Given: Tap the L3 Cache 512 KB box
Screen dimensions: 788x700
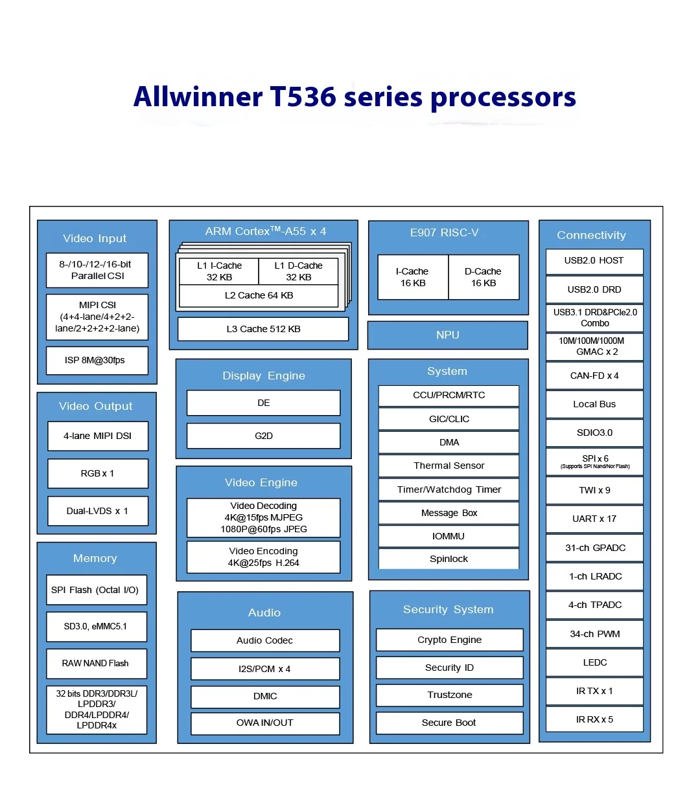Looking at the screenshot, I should point(263,329).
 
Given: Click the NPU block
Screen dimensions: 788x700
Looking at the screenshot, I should point(448,335).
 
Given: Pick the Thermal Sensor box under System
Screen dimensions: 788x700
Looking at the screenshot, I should point(449,466).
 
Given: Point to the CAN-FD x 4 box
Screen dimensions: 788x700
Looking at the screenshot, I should point(594,376).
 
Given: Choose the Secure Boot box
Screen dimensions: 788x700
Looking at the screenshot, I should point(449,723).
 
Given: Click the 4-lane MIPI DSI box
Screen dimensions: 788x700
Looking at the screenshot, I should point(98,436).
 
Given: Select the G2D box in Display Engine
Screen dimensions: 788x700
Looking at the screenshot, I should point(263,436).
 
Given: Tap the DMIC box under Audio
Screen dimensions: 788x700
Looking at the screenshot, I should point(265,696).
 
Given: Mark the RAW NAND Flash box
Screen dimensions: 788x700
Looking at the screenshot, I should point(96,663).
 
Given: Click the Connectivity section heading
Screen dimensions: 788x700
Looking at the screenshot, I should point(591,235).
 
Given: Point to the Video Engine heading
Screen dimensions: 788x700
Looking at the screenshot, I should point(261,482).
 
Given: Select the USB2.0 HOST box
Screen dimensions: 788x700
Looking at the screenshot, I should point(594,261).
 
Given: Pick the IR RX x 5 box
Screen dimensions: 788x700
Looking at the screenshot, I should point(594,719).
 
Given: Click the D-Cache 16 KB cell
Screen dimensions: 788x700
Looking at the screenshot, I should point(484,277).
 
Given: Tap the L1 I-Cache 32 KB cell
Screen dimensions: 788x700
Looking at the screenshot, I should point(219,271).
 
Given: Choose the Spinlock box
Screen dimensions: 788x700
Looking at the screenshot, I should point(449,559).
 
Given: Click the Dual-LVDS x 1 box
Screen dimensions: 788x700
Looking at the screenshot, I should point(98,511).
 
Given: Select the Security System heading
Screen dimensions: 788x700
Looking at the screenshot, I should point(448,609).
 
